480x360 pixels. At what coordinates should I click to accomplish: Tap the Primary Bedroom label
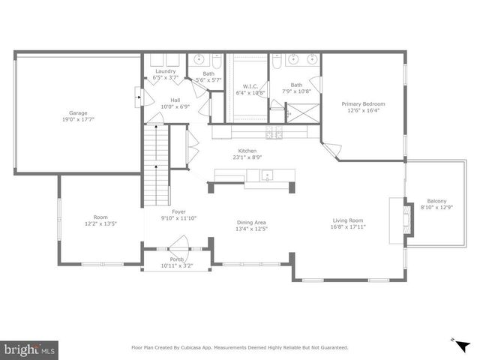point(363,103)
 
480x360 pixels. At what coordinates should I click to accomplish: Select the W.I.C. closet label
point(250,86)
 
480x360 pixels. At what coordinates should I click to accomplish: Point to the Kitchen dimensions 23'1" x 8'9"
point(248,157)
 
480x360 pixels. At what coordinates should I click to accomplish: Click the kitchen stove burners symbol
point(274,132)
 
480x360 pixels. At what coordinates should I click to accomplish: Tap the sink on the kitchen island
point(267,175)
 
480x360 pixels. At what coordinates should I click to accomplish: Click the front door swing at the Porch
point(178,244)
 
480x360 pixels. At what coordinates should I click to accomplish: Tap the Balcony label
point(436,201)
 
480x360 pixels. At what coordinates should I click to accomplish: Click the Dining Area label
point(252,222)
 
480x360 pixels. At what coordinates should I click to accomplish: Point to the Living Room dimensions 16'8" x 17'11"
point(349,227)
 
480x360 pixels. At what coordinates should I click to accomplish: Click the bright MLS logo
point(30,349)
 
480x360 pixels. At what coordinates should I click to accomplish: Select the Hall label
point(175,100)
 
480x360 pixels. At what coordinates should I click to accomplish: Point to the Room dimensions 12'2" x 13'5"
point(100,223)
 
